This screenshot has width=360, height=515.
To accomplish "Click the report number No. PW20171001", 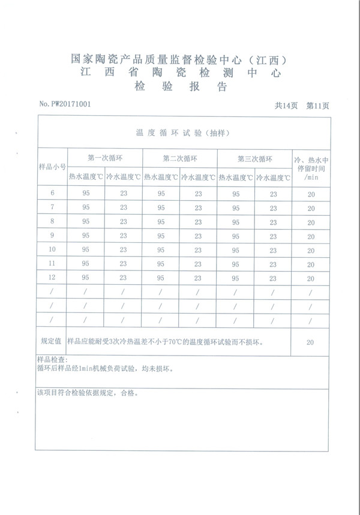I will pyautogui.click(x=65, y=104).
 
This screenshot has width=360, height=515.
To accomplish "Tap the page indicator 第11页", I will pyautogui.click(x=317, y=106).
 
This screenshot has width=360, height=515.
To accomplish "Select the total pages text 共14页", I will pyautogui.click(x=286, y=106).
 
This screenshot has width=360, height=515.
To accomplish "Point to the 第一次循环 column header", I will pyautogui.click(x=105, y=159).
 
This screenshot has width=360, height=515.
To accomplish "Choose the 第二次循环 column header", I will pyautogui.click(x=180, y=159).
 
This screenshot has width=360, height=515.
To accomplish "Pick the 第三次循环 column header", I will pyautogui.click(x=255, y=159).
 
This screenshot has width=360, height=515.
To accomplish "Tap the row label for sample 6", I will pyautogui.click(x=52, y=193).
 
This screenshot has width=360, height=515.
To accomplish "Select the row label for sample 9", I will pyautogui.click(x=52, y=235).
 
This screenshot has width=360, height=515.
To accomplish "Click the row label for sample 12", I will pyautogui.click(x=52, y=278).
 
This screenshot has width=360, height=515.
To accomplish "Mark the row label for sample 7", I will pyautogui.click(x=52, y=207).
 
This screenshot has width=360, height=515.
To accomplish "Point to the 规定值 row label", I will pyautogui.click(x=52, y=341).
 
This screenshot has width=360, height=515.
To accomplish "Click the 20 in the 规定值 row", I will pyautogui.click(x=310, y=342).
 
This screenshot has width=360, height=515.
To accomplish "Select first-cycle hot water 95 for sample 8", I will pyautogui.click(x=86, y=221).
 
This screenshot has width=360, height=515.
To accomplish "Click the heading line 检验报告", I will pyautogui.click(x=181, y=87).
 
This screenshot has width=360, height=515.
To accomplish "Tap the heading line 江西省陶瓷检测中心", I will pyautogui.click(x=180, y=73).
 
